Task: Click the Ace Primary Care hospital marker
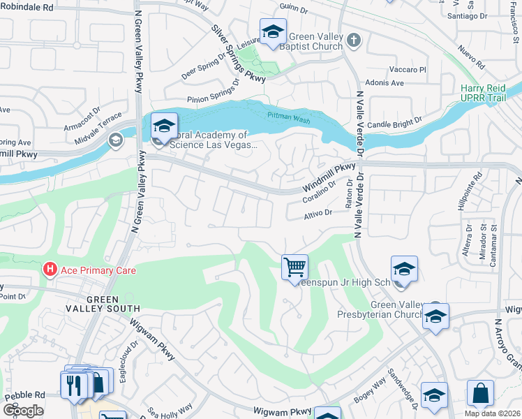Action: pos(50,269)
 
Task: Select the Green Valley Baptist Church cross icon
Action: pos(354,40)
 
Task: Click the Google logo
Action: pos(23,410)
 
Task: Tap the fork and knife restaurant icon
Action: pos(73,385)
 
